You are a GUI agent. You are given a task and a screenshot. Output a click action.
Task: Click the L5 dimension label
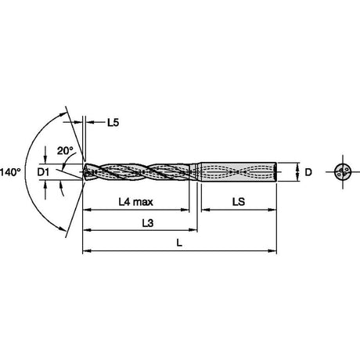click(113, 122)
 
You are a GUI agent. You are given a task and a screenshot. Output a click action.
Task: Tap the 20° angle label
click(65, 151)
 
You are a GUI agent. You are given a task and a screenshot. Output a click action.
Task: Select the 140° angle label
click(10, 172)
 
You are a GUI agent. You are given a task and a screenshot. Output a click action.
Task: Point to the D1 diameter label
click(43, 172)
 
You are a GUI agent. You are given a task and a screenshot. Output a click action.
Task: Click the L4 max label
click(135, 202)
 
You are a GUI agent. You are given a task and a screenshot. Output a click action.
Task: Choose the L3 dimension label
click(148, 222)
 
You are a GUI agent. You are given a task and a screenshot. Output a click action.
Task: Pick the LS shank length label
click(239, 202)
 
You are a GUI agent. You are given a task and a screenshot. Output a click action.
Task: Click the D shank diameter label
click(308, 172)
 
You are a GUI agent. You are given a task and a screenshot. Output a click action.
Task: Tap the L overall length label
click(179, 243)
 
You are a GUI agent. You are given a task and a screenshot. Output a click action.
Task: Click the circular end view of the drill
click(343, 172)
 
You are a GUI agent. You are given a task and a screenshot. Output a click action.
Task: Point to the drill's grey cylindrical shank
click(239, 172)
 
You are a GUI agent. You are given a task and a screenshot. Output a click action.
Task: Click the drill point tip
click(83, 171)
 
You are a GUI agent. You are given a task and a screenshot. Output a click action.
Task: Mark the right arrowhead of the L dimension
click(272, 251)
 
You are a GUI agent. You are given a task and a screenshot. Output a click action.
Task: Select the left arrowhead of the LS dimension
click(206, 210)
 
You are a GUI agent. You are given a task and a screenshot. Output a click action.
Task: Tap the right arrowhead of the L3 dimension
click(193, 230)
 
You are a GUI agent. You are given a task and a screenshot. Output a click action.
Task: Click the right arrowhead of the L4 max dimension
click(185, 210)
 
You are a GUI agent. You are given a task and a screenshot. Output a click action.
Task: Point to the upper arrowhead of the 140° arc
click(62, 114)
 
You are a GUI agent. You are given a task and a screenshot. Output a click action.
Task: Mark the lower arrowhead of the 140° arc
click(62, 229)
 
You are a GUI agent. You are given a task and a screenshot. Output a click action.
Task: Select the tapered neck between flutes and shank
click(196, 171)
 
